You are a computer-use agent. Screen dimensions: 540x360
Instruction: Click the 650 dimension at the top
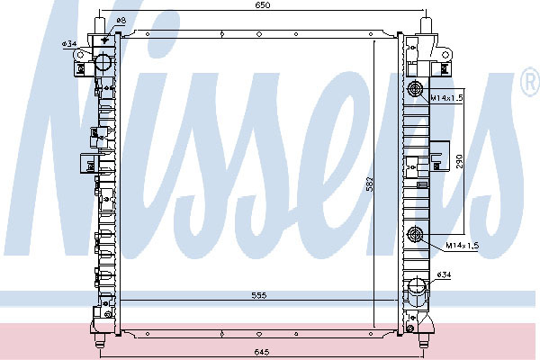coord(263,5)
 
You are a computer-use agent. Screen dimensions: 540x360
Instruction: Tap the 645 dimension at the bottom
coord(262,352)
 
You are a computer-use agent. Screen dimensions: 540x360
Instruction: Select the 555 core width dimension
coord(259,295)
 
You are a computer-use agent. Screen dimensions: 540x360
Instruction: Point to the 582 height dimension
coord(370,184)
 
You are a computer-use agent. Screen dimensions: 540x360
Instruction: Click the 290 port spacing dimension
coord(460,161)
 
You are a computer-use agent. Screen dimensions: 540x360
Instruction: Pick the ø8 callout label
coord(121,21)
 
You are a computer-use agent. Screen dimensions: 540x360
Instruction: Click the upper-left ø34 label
coord(69,44)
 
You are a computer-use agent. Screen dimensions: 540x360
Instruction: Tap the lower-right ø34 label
coord(444,274)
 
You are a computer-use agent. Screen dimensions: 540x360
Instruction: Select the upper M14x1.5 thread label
coord(447,98)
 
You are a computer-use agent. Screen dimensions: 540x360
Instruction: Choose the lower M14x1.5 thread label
coord(463,246)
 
